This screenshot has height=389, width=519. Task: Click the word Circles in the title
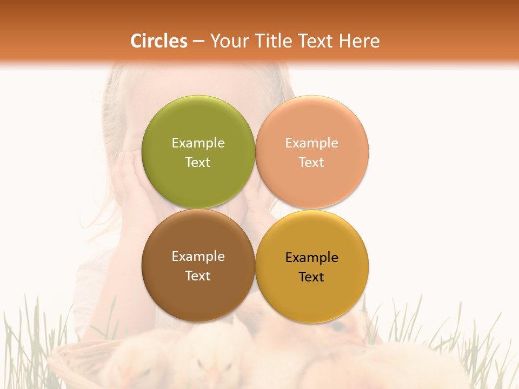[x=159, y=41]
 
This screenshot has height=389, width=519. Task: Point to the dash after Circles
[x=198, y=42]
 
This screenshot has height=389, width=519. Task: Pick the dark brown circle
[x=198, y=294]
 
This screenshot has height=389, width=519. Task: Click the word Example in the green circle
[x=198, y=143]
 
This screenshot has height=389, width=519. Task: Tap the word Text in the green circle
[x=198, y=163]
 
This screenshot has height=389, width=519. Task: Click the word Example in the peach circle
[x=311, y=143]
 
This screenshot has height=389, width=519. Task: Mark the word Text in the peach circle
[x=311, y=163]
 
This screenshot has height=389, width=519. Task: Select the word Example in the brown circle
[x=198, y=257]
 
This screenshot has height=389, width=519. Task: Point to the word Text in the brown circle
[x=198, y=276]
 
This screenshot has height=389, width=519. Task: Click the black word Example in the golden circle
[x=311, y=258]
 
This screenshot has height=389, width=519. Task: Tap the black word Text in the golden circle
[x=311, y=277]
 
